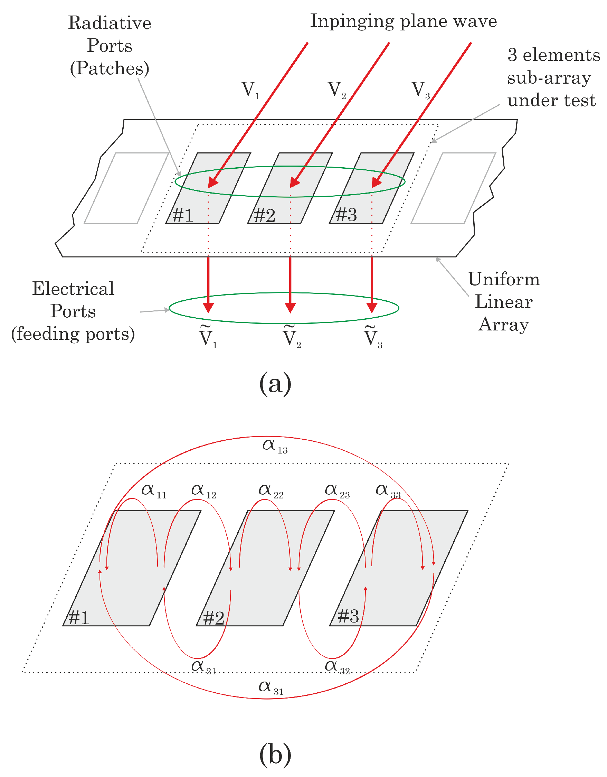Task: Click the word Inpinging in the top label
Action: (x=352, y=22)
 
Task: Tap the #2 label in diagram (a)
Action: (x=265, y=216)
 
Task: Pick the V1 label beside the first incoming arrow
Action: (x=250, y=90)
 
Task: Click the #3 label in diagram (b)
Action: (x=348, y=616)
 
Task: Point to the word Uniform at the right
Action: (x=503, y=279)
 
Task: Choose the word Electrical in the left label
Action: (x=73, y=289)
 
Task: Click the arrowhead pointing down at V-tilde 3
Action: (x=372, y=307)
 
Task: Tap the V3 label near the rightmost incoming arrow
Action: (x=421, y=90)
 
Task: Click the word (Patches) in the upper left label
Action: (x=110, y=68)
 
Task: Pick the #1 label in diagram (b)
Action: (x=78, y=618)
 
